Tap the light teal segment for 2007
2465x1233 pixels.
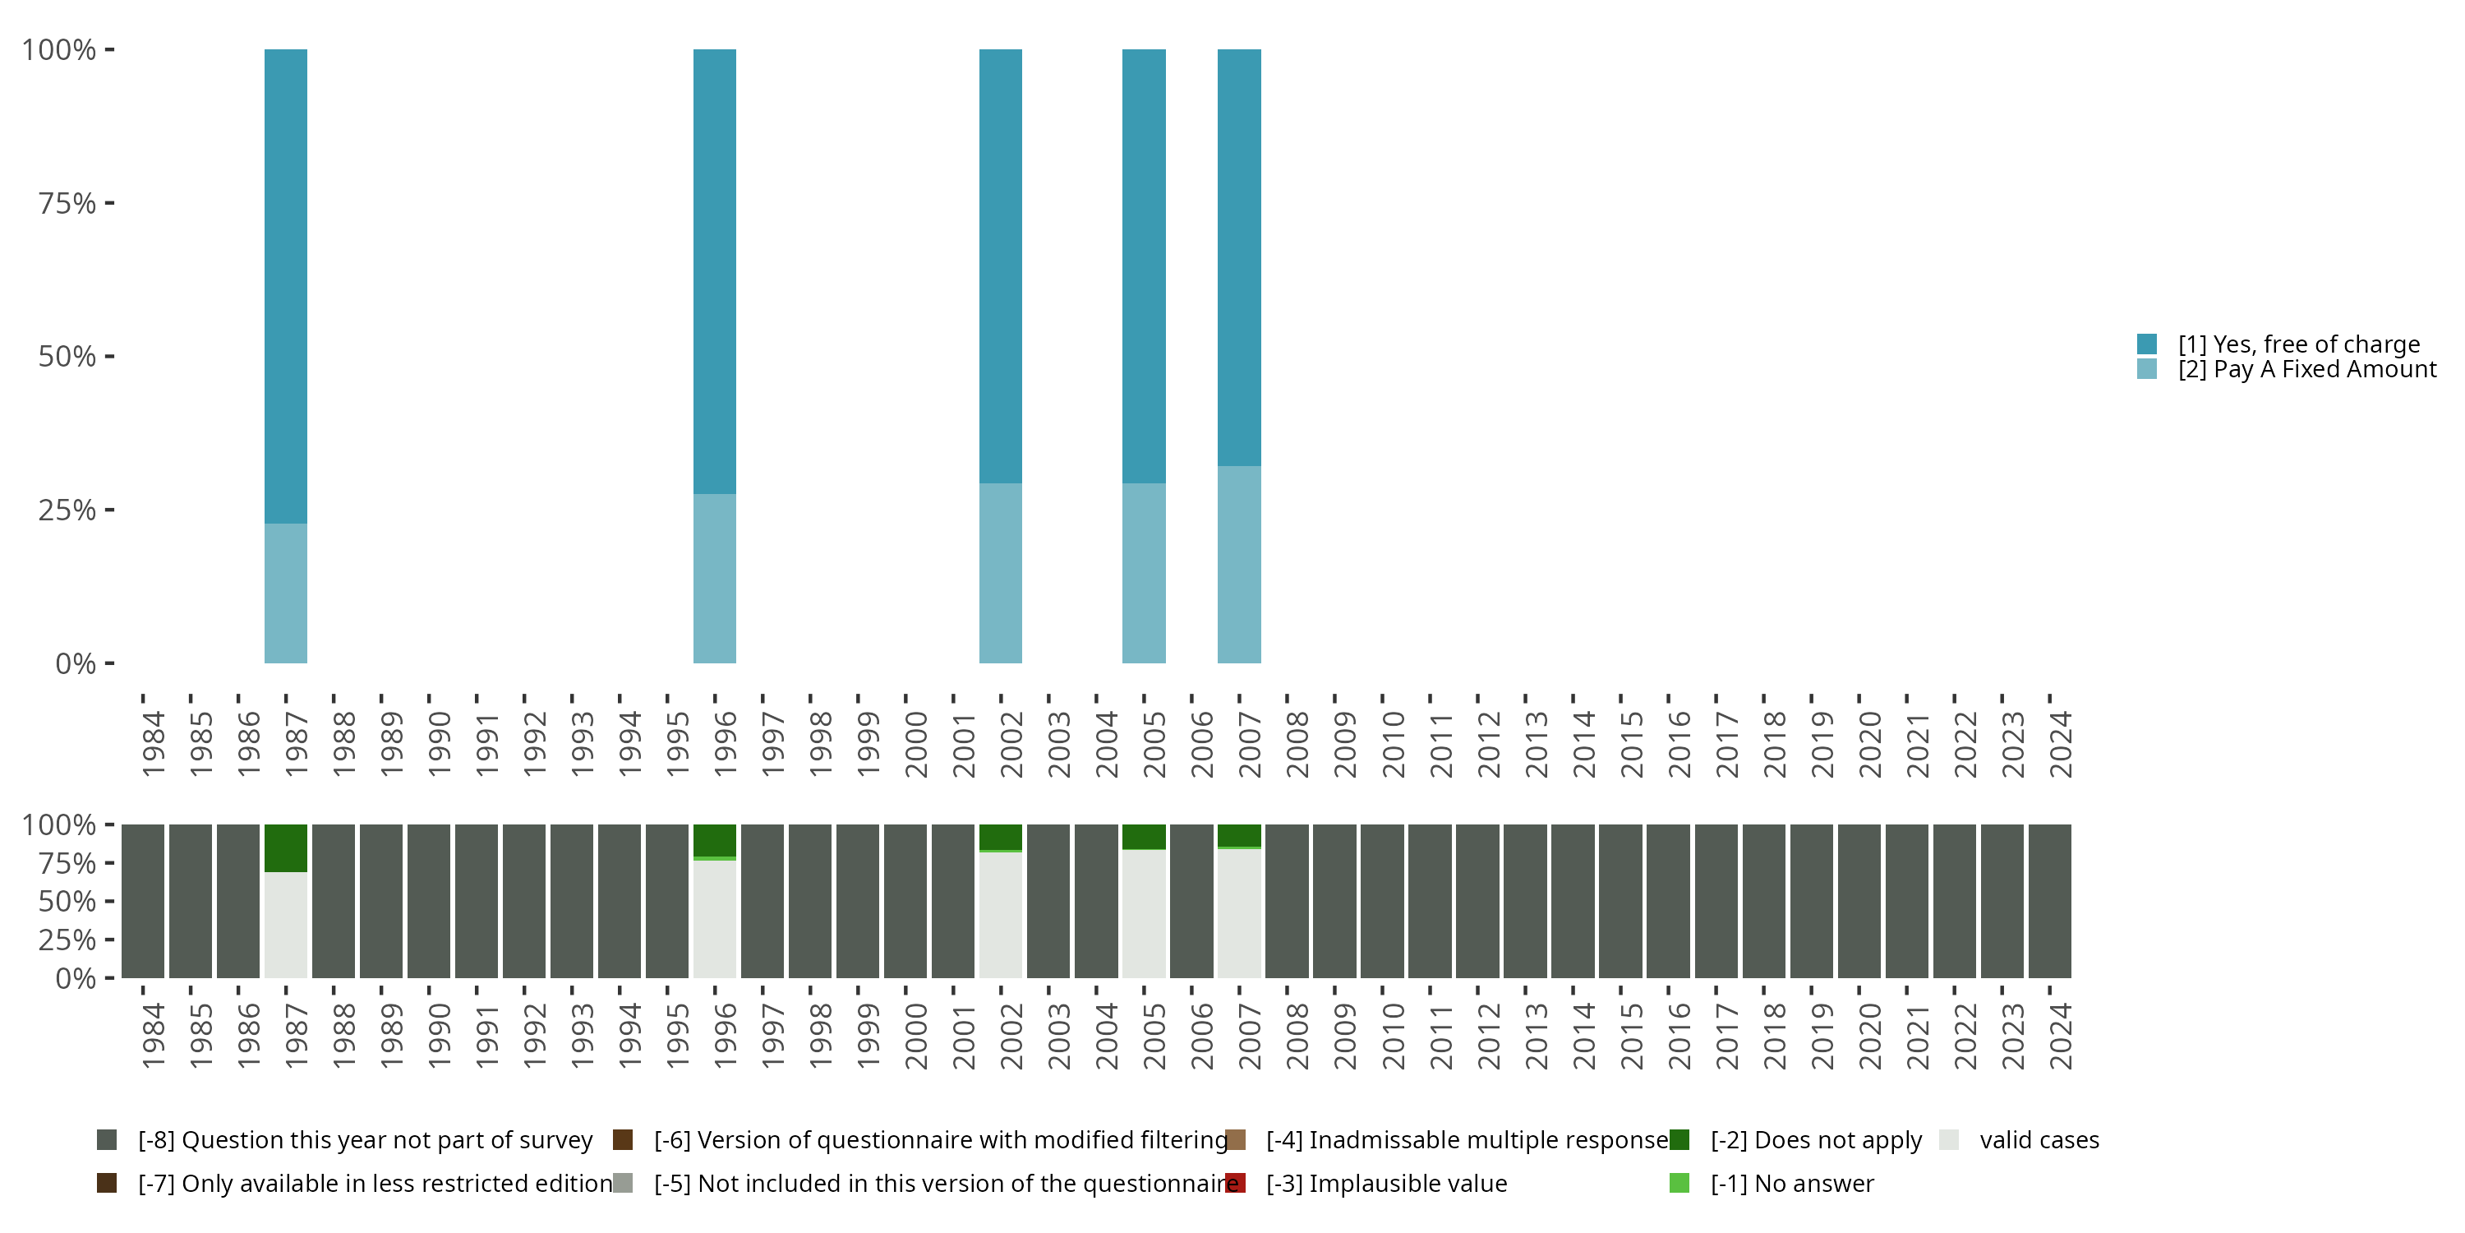[1238, 564]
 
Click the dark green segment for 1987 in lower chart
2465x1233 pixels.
[285, 847]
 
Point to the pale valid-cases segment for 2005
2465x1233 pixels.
[1144, 913]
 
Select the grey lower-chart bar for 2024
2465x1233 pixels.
[2050, 901]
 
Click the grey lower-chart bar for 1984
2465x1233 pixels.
[143, 901]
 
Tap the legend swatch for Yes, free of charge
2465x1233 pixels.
[2146, 344]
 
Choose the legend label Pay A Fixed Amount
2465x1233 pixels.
[2307, 370]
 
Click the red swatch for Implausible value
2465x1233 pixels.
[1235, 1183]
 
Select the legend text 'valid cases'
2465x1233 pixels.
[2039, 1140]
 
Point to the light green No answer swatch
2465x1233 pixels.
[1679, 1183]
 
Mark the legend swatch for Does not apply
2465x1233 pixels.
[1679, 1140]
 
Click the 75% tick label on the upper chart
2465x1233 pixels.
[67, 203]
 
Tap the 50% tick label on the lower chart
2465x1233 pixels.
[67, 901]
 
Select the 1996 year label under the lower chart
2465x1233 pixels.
[725, 1036]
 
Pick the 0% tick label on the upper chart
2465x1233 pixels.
[76, 663]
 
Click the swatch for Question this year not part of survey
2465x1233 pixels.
[106, 1140]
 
